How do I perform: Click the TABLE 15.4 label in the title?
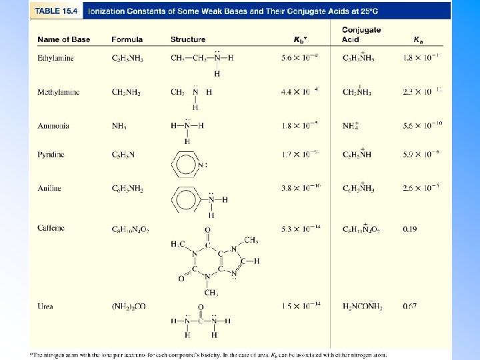tap(57, 11)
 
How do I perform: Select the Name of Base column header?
tap(63, 40)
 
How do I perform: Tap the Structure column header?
tap(188, 40)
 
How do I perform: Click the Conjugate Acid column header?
tap(361, 35)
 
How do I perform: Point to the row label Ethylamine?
tap(55, 58)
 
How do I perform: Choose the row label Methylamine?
tap(58, 92)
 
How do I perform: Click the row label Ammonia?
tap(53, 125)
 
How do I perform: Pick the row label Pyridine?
tap(51, 155)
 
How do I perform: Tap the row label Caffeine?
tap(51, 228)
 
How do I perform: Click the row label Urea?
tap(45, 307)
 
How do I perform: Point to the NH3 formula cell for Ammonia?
tap(119, 125)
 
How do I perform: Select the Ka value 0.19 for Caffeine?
tap(411, 229)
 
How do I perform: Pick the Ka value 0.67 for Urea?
tap(411, 307)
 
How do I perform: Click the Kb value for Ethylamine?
tap(299, 58)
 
